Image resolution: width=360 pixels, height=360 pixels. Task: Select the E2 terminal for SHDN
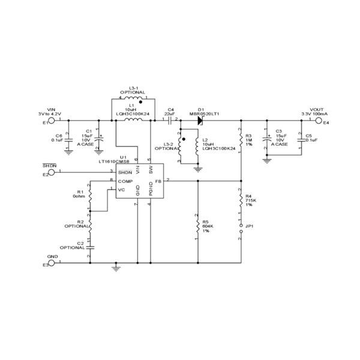coord(52,172)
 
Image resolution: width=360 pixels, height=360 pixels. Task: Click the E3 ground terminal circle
coord(52,262)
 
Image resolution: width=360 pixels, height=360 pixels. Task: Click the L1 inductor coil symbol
coord(133,121)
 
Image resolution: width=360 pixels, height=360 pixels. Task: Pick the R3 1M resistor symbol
coord(241,139)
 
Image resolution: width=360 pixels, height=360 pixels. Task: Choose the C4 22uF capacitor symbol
coord(170,121)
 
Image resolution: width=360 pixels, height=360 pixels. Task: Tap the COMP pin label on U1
coord(125,181)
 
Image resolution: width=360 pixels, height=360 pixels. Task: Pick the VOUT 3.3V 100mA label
coord(311,110)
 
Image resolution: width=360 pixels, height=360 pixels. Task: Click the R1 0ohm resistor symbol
coord(89,196)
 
